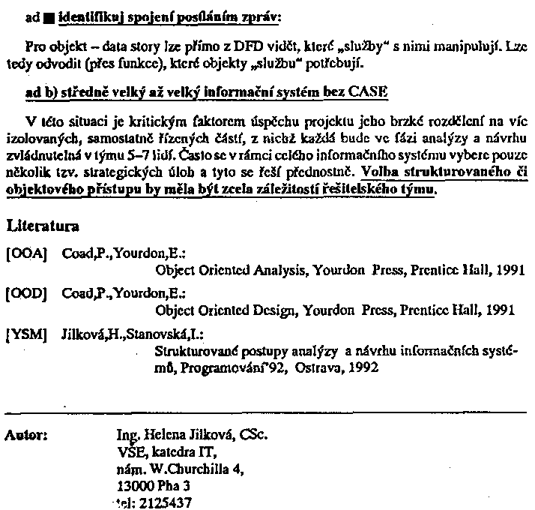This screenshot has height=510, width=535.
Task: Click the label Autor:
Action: point(26,434)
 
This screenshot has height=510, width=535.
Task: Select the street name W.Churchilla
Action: point(179,469)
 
